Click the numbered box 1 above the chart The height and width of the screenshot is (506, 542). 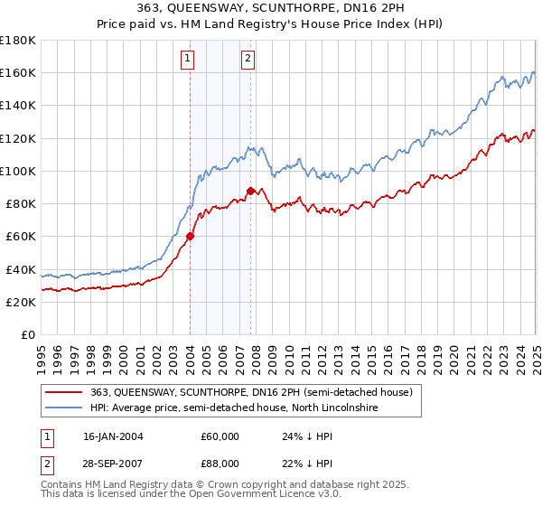[x=188, y=60]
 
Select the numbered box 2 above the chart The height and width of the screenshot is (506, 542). [x=247, y=60]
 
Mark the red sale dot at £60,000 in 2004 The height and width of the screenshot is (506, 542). [x=191, y=237]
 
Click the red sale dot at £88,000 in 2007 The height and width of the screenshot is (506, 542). [x=250, y=191]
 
